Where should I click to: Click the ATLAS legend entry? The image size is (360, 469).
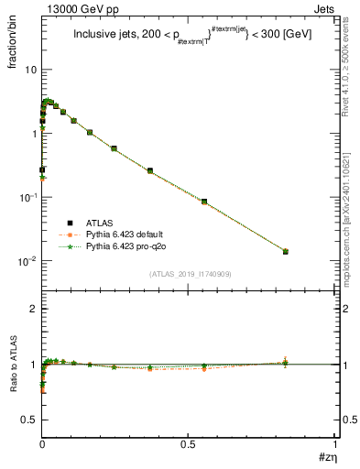(x=99, y=222)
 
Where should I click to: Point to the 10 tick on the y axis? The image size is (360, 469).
(x=30, y=70)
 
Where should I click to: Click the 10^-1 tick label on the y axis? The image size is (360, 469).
(x=27, y=197)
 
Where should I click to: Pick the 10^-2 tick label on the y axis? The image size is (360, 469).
(x=27, y=261)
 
